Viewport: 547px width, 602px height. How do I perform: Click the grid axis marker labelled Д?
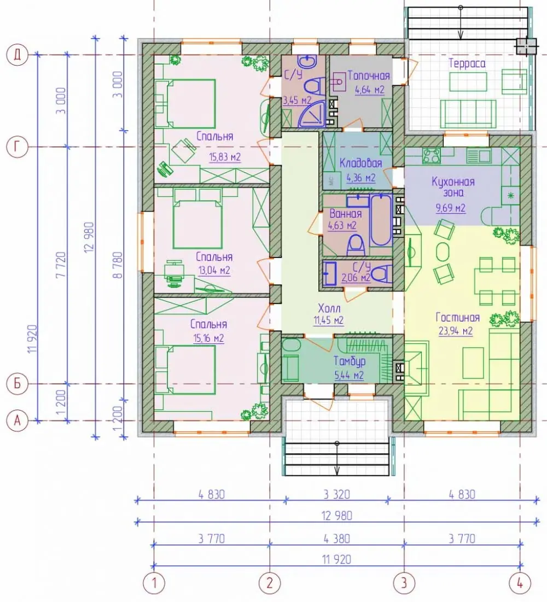pos(17,55)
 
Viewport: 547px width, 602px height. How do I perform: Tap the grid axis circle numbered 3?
pos(404,583)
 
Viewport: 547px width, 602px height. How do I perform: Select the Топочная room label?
pos(369,75)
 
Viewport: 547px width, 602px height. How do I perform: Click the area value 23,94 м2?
pos(456,331)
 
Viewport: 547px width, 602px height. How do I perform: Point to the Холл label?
pos(329,308)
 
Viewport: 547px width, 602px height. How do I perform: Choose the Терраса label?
pos(467,63)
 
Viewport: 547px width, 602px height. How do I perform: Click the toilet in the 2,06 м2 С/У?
pos(382,274)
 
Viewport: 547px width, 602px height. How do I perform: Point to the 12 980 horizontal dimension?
pos(337,515)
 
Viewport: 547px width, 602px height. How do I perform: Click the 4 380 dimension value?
pos(337,539)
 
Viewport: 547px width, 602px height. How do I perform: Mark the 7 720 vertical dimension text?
pos(61,265)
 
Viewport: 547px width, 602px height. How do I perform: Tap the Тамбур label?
pos(349,361)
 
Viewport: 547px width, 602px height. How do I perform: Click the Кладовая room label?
pos(360,163)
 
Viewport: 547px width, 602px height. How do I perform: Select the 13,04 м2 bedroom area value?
pos(214,270)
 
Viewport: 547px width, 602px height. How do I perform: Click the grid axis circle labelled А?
pos(17,421)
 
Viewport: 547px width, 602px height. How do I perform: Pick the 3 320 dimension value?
pos(337,494)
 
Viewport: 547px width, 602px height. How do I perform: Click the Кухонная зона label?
pos(453,186)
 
